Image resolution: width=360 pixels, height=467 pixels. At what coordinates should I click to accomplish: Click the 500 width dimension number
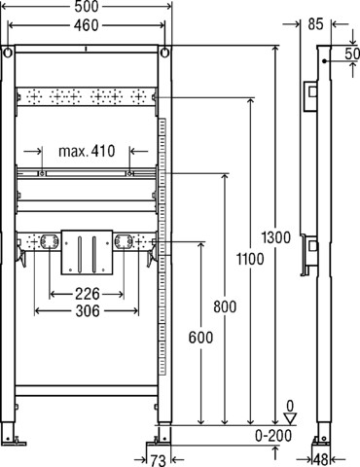click(x=86, y=7)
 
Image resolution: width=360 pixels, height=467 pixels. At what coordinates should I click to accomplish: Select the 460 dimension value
click(x=86, y=25)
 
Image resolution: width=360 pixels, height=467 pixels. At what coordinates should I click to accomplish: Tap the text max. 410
click(x=87, y=151)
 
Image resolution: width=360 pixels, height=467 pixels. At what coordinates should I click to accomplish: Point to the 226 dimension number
click(x=88, y=294)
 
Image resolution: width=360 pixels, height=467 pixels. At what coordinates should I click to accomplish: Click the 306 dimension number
click(x=88, y=311)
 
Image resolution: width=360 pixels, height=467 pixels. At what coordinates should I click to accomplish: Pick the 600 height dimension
click(x=200, y=338)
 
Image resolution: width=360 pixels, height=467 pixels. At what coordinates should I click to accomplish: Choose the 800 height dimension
click(x=225, y=306)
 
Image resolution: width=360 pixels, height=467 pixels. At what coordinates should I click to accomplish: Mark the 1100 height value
click(x=250, y=259)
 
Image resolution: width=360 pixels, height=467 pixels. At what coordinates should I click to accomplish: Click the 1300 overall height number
click(x=276, y=237)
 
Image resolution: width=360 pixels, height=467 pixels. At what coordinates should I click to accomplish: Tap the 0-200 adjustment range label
click(x=273, y=436)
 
